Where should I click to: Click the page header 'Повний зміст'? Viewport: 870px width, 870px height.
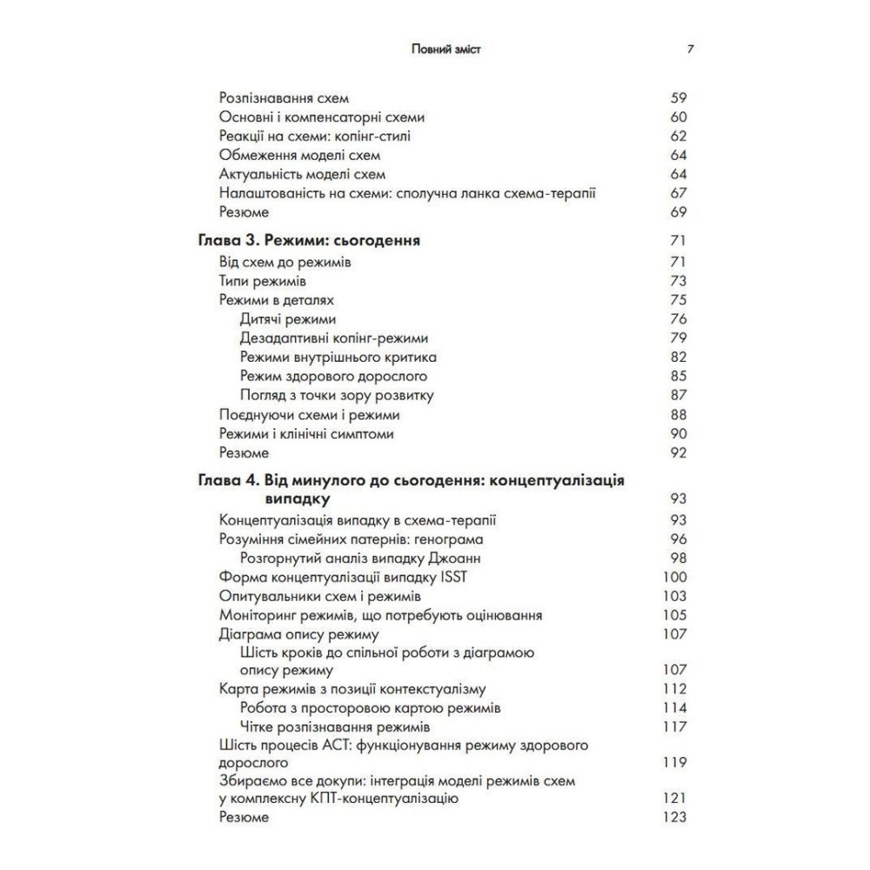445,50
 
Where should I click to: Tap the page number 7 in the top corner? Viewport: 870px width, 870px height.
690,50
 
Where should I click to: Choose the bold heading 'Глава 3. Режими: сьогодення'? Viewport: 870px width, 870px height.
310,240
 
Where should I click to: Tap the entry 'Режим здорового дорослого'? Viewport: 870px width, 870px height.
332,376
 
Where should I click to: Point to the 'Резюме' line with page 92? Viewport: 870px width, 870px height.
244,452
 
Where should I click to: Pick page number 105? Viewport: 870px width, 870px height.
674,615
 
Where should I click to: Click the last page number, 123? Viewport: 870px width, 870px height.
674,817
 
